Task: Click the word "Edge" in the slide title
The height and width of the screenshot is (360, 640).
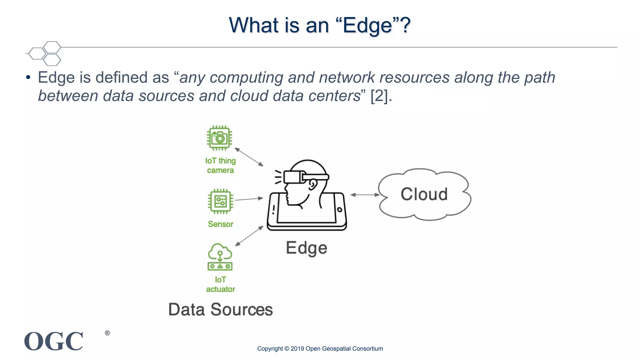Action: (x=367, y=26)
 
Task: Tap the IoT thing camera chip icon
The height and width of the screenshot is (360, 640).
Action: (x=219, y=138)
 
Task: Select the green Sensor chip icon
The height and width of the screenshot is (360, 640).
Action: (x=220, y=201)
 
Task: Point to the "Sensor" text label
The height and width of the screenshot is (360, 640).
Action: (x=221, y=224)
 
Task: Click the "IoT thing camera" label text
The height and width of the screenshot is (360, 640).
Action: (x=220, y=165)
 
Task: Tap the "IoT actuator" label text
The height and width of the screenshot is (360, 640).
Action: (x=220, y=284)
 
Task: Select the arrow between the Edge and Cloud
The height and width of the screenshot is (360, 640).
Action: (x=365, y=195)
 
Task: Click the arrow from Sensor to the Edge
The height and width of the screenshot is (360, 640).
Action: (x=249, y=199)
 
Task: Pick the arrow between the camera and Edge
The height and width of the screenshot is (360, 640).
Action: (x=249, y=157)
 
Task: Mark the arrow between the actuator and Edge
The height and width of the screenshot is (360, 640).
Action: (x=249, y=236)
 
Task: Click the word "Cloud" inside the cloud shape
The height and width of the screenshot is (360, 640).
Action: (x=424, y=194)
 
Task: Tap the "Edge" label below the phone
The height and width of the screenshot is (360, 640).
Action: (x=307, y=248)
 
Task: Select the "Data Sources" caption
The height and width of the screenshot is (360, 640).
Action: (x=220, y=310)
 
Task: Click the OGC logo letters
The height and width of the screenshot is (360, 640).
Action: (x=54, y=341)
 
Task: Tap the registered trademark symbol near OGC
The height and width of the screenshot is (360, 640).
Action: (x=107, y=333)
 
